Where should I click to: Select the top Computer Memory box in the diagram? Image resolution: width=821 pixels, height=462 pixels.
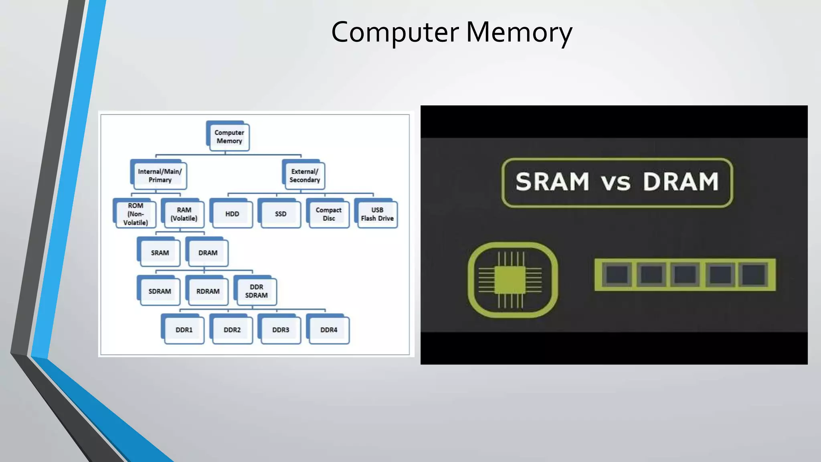point(229,137)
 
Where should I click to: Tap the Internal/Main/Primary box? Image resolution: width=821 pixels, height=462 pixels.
point(160,176)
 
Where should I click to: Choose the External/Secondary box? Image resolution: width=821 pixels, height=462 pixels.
point(305,176)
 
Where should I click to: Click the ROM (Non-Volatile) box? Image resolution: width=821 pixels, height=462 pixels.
point(135,214)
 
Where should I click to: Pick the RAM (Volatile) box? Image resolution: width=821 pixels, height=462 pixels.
point(184,214)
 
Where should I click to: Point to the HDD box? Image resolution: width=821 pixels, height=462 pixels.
point(232,214)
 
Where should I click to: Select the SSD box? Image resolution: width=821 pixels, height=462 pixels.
point(281,214)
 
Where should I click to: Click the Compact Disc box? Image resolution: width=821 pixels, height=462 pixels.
point(329,214)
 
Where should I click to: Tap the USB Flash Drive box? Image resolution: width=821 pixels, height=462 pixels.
point(377,214)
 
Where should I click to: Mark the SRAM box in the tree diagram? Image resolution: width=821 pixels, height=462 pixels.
point(160,253)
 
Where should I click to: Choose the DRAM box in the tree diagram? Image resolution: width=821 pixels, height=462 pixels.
point(208,253)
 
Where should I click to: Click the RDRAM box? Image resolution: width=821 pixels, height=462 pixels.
point(208,291)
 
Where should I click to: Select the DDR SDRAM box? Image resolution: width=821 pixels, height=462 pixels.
point(256,291)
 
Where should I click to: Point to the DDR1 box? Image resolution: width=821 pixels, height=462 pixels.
point(184,330)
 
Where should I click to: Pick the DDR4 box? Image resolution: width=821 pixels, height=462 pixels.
point(329,330)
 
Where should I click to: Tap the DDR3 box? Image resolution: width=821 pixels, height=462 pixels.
point(281,330)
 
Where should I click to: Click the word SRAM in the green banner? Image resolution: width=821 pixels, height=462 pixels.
point(552,182)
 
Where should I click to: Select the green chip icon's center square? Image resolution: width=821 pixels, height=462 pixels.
point(510,280)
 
